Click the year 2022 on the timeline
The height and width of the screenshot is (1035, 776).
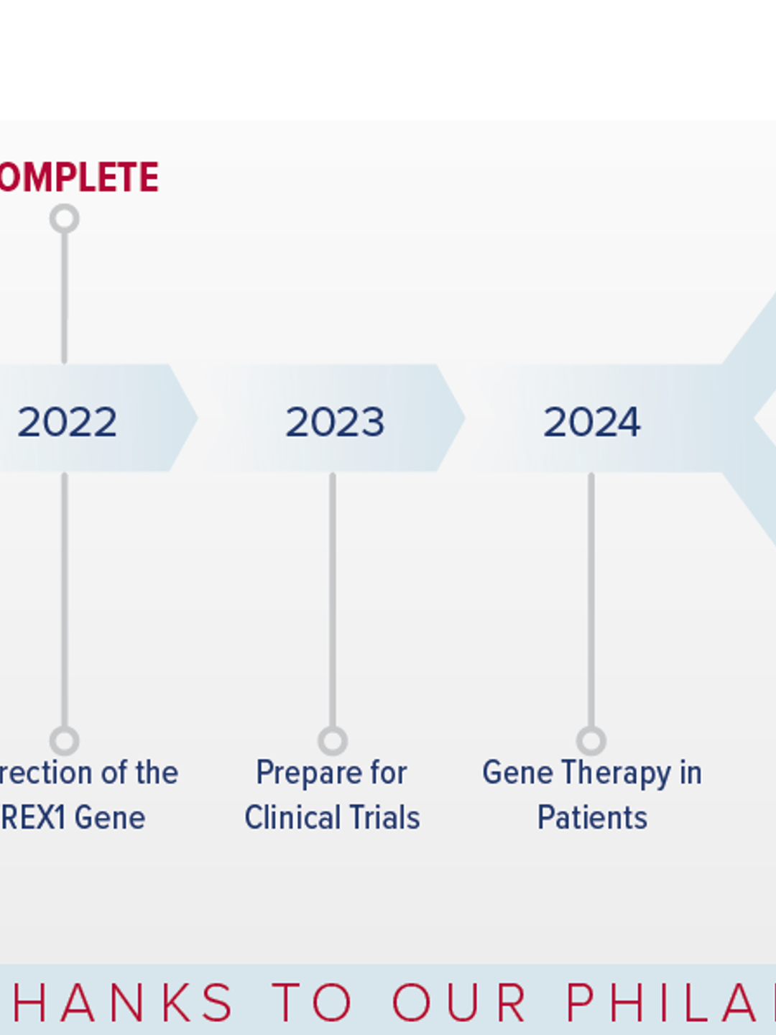pos(67,422)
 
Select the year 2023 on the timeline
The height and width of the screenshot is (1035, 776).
pos(335,422)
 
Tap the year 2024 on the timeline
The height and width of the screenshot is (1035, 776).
pos(591,422)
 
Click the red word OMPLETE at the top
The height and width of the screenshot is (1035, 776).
pos(79,178)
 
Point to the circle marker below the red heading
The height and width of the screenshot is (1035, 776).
pos(65,218)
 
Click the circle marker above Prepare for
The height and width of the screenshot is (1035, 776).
pos(333,740)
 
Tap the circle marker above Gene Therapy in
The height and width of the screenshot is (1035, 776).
pos(591,740)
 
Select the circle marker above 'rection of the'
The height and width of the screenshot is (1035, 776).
pos(65,740)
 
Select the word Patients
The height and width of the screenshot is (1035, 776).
pos(592,818)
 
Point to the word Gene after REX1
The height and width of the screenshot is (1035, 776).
pos(110,818)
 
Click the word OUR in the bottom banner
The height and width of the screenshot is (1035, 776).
pos(460,1003)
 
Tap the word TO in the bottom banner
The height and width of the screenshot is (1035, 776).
pos(313,1003)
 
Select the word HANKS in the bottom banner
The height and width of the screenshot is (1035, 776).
pos(122,1003)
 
